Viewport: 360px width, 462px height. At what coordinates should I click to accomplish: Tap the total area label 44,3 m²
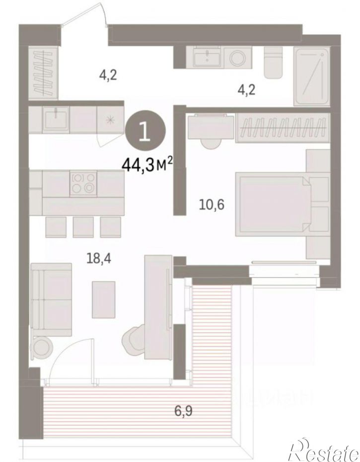(146, 165)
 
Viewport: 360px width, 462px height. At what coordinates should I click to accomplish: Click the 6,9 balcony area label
(183, 410)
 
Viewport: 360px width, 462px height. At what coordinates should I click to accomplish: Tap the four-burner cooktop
(83, 183)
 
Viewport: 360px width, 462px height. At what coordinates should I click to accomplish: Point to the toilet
(273, 62)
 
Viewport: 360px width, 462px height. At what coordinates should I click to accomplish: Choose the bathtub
(311, 77)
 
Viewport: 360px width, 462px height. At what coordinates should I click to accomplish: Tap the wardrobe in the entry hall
(44, 73)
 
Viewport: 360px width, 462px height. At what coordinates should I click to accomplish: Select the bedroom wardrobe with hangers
(283, 128)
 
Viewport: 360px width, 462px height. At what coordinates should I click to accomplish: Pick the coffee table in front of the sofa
(103, 300)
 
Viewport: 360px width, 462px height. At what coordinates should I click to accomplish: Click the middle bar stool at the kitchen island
(83, 227)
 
